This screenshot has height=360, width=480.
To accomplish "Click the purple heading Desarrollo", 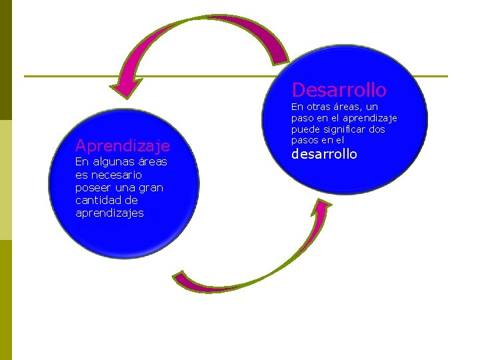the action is pyautogui.click(x=339, y=89).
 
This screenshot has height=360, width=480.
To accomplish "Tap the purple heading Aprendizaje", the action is pyautogui.click(x=123, y=145).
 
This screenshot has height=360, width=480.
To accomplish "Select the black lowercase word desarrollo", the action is pyautogui.click(x=325, y=154).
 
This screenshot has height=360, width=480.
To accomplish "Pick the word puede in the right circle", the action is pyautogui.click(x=305, y=129).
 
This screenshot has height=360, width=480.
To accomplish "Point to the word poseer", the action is pyautogui.click(x=93, y=187).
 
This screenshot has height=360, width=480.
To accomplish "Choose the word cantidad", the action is pyautogui.click(x=97, y=200).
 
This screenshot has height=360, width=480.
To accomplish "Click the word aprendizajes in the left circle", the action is pyautogui.click(x=110, y=213).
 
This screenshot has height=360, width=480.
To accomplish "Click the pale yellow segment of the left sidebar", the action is pyautogui.click(x=6, y=180).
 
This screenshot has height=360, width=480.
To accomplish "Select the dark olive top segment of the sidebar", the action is pyautogui.click(x=6, y=60).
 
